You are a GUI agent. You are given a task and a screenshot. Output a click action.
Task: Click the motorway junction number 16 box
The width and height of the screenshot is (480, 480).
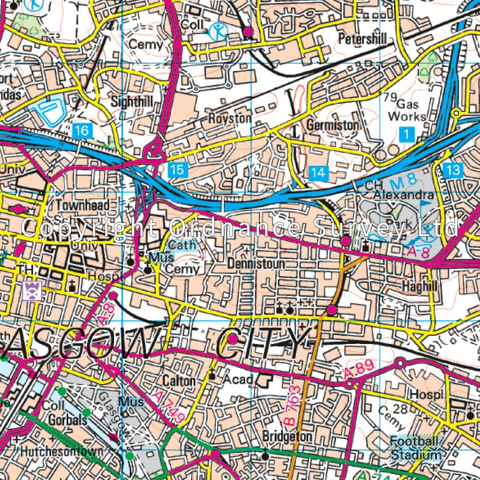[x=82, y=130]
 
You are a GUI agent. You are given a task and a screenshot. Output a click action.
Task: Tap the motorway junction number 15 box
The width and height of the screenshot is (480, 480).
[x=178, y=170]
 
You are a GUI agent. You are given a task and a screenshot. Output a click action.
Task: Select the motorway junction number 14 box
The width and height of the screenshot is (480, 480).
[x=318, y=172]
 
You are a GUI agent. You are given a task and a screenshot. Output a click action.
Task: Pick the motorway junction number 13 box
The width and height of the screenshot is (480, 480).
[x=453, y=170]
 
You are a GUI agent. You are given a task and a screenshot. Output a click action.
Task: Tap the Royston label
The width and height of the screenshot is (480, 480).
[x=229, y=118]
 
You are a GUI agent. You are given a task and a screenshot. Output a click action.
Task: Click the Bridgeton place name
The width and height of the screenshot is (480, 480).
[x=287, y=436]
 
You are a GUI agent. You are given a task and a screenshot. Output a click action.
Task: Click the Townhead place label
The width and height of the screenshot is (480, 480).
[x=83, y=205]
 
